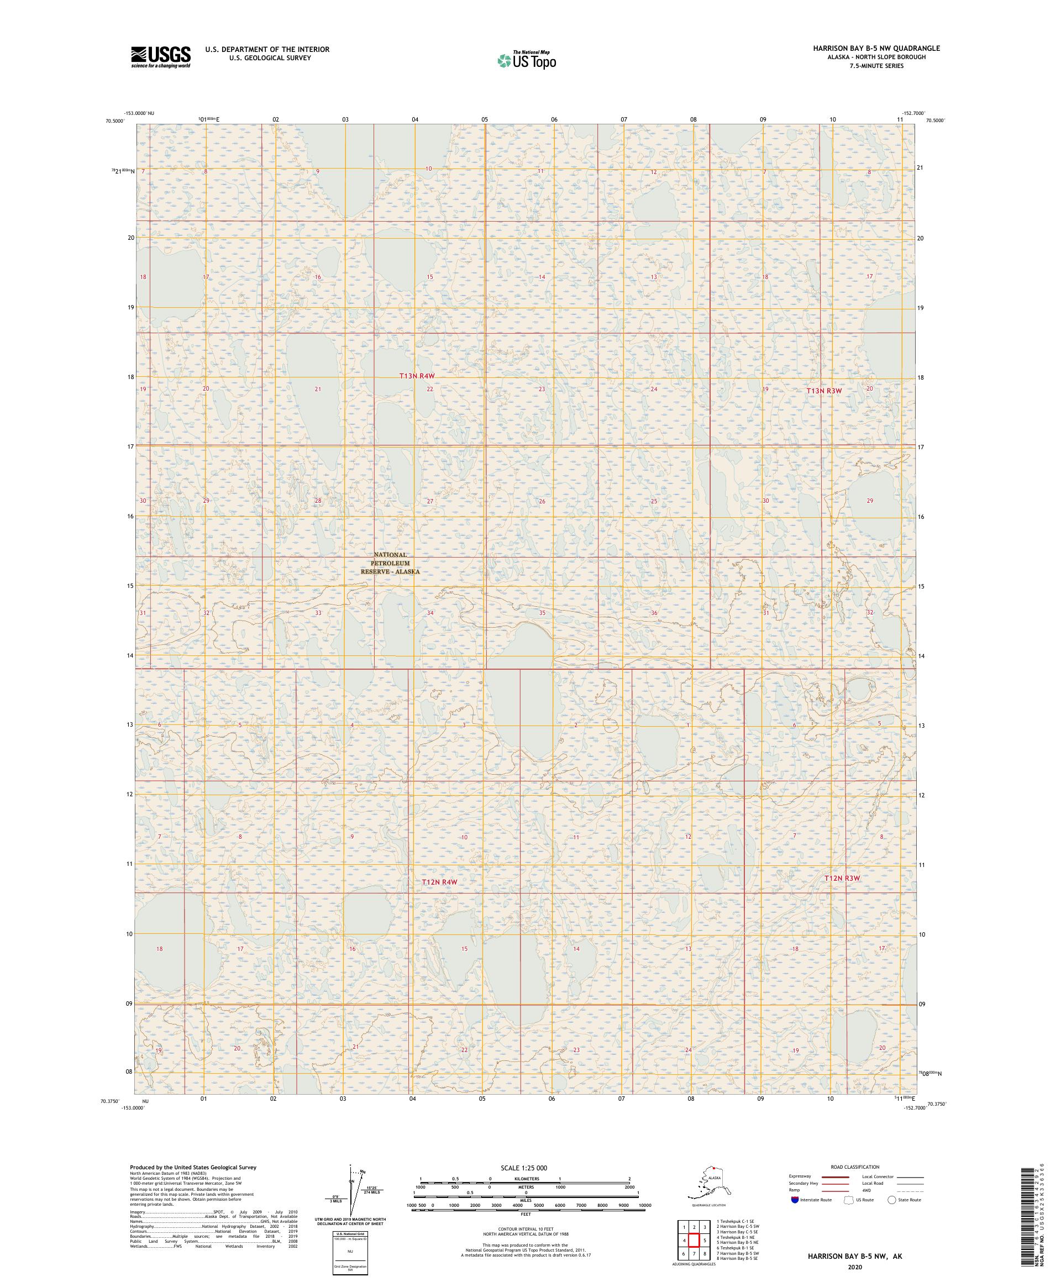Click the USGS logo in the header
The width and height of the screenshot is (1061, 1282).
tap(160, 57)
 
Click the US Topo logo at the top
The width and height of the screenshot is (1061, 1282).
tap(526, 60)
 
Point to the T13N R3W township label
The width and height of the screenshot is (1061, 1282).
tap(824, 390)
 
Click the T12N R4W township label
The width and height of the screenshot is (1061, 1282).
tap(439, 882)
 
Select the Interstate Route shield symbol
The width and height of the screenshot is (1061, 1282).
tap(794, 1200)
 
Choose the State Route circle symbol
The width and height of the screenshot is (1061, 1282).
tap(892, 1200)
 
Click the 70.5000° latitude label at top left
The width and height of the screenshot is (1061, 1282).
tap(114, 121)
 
